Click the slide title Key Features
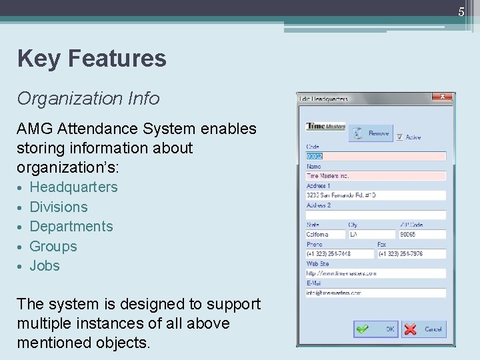pos(92,59)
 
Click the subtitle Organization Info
pos(89,99)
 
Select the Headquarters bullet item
pos(73,187)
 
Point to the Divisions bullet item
pos(59,207)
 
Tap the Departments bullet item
pos(71,227)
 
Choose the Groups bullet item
pos(53,247)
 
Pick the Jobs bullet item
pos(45,266)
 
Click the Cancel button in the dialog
pos(424,329)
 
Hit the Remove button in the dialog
pos(371,133)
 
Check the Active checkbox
pos(400,137)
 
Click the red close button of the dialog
pos(441,97)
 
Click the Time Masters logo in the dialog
pos(325,127)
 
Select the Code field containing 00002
pos(375,157)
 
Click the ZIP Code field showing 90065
pos(421,235)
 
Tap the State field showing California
pos(325,235)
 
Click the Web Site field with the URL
pos(375,273)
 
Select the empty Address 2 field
pos(375,215)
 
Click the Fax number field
pos(411,254)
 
